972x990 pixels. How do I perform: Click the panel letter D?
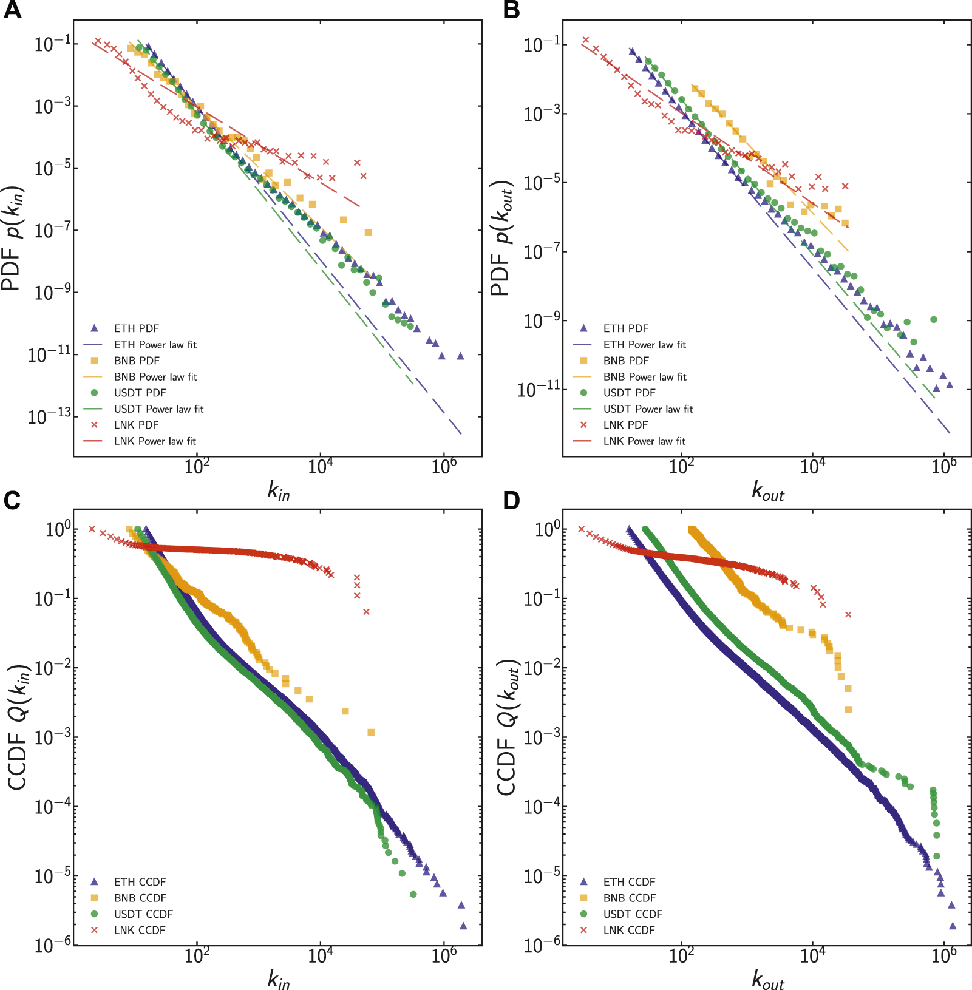(x=511, y=500)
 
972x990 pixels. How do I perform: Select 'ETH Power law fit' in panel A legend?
(x=155, y=345)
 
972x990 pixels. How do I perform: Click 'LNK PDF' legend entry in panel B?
(x=625, y=425)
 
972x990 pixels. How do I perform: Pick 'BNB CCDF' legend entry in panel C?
(x=140, y=898)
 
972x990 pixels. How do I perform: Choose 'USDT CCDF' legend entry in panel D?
(x=632, y=914)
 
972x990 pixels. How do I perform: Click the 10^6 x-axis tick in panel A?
(x=444, y=466)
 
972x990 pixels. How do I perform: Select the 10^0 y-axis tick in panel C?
(x=58, y=529)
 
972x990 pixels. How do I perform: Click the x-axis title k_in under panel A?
(x=279, y=490)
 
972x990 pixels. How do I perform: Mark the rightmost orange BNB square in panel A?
(x=368, y=232)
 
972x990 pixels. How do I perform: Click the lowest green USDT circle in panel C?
(x=413, y=894)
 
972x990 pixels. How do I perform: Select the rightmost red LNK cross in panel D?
(x=848, y=615)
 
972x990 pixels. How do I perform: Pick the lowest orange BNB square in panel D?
(x=848, y=709)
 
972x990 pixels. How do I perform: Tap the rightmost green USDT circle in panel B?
(x=934, y=319)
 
